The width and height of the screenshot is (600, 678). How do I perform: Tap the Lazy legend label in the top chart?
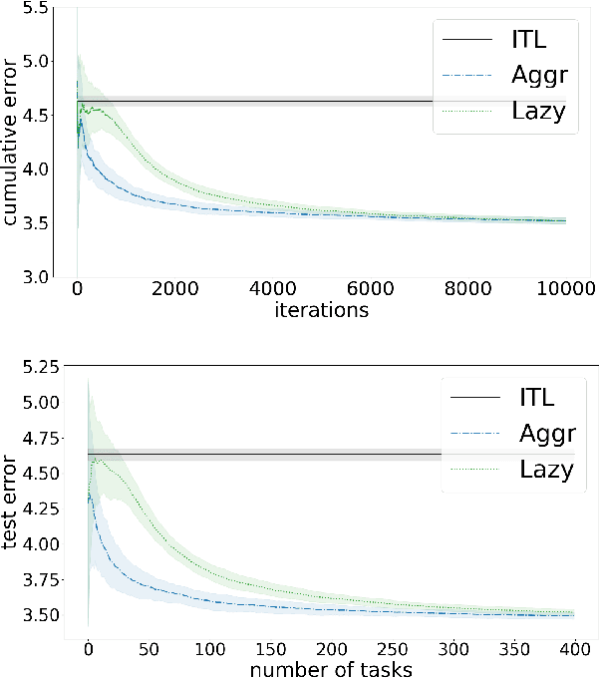point(537,111)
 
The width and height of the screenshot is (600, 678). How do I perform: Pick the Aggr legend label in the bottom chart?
point(547,434)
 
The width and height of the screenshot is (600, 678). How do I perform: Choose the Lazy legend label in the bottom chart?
point(547,469)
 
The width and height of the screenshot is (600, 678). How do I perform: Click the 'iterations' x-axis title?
point(321,311)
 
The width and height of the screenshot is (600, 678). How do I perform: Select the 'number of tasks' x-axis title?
point(331,669)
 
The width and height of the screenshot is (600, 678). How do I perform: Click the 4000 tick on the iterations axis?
point(272,290)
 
